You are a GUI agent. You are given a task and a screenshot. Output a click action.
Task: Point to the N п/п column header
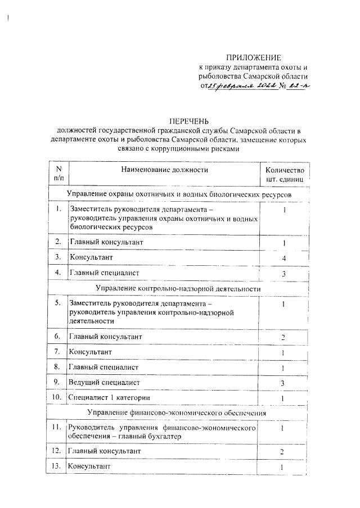coord(58,174)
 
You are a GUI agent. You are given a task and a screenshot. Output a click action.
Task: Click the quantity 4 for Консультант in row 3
coord(285,257)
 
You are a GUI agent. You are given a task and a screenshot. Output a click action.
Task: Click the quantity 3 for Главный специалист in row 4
coord(285,273)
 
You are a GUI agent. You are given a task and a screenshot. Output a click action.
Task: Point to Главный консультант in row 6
coord(105,336)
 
